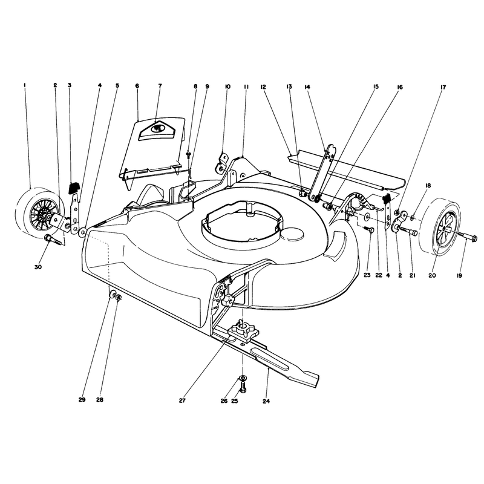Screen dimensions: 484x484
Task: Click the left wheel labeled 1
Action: [x=39, y=213]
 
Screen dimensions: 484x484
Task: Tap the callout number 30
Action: [x=38, y=267]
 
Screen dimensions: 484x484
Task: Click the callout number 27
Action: [x=182, y=401]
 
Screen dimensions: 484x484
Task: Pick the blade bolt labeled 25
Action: [x=243, y=386]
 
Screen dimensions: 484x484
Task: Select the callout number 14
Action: [x=307, y=87]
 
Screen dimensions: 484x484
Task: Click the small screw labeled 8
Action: [x=188, y=154]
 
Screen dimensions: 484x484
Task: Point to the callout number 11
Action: [x=246, y=87]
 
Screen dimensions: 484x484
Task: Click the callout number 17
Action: [x=443, y=87]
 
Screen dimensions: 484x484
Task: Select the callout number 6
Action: [x=137, y=85]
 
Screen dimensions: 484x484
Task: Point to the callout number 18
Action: [x=428, y=186]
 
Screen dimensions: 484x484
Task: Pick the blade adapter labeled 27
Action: [x=243, y=330]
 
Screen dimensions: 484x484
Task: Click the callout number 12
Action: [x=263, y=87]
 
